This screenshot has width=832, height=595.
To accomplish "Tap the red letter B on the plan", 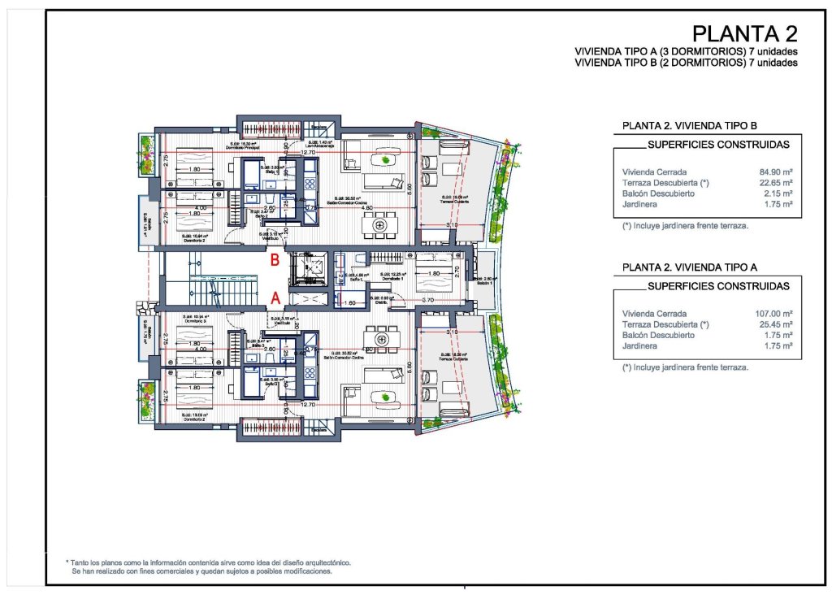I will point(275,261).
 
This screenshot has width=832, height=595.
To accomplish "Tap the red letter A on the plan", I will point(275,298).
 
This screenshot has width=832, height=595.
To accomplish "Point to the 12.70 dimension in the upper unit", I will point(308,152).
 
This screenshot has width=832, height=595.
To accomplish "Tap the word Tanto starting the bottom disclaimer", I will point(82,562).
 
